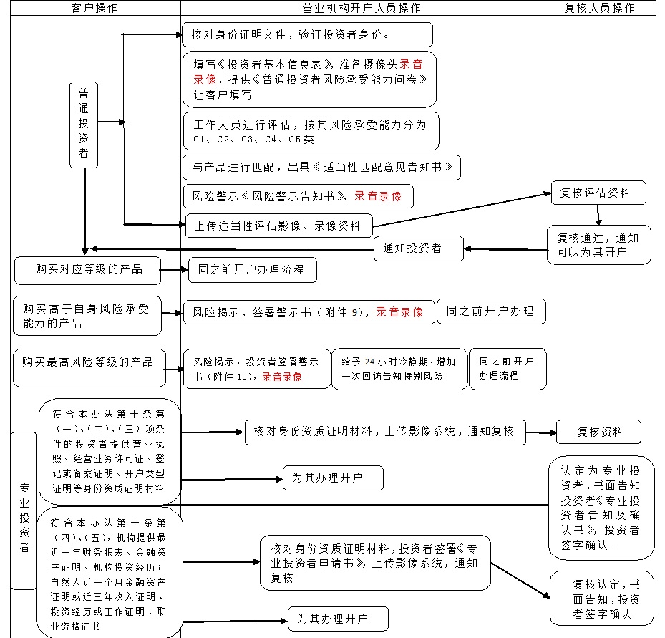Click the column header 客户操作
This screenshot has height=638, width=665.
94,8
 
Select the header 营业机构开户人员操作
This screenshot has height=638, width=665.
361,8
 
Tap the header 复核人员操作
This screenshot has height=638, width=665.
599,8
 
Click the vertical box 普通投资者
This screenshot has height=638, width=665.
84,125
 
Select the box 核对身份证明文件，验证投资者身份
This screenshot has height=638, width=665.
308,35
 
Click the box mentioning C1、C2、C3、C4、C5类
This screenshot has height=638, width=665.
311,131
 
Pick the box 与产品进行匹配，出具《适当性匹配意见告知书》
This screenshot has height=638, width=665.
321,168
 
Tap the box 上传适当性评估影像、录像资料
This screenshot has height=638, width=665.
278,226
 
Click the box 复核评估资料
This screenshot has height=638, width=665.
598,193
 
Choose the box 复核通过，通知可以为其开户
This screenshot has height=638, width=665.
599,245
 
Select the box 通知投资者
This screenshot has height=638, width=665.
419,248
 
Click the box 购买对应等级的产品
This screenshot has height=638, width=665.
88,270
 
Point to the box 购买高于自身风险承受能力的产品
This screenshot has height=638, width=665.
87,316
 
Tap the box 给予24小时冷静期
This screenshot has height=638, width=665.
399,369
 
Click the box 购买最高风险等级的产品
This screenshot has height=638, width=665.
89,368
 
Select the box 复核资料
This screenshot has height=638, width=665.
598,432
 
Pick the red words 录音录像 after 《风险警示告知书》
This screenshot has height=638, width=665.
378,196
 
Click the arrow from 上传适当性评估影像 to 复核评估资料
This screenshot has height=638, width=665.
462,210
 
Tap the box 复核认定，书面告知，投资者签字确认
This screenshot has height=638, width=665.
602,599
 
